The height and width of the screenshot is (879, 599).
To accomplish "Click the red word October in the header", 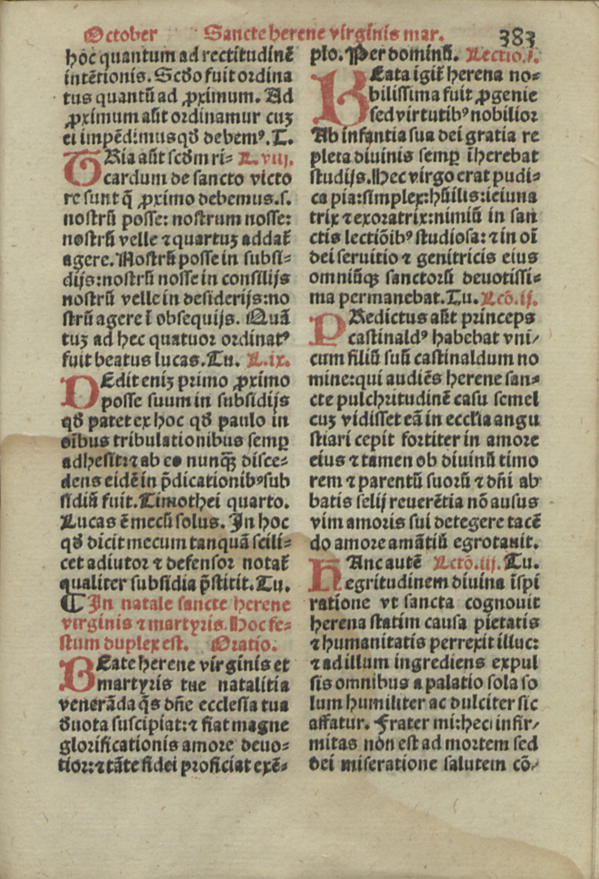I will pos(120,34).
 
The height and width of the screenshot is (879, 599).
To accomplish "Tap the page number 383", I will pos(518,39).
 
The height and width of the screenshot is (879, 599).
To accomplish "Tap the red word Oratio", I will pos(242,644).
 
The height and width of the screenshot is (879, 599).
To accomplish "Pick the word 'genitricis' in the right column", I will pos(456,258).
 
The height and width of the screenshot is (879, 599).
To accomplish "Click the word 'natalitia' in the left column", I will pos(252,685).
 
